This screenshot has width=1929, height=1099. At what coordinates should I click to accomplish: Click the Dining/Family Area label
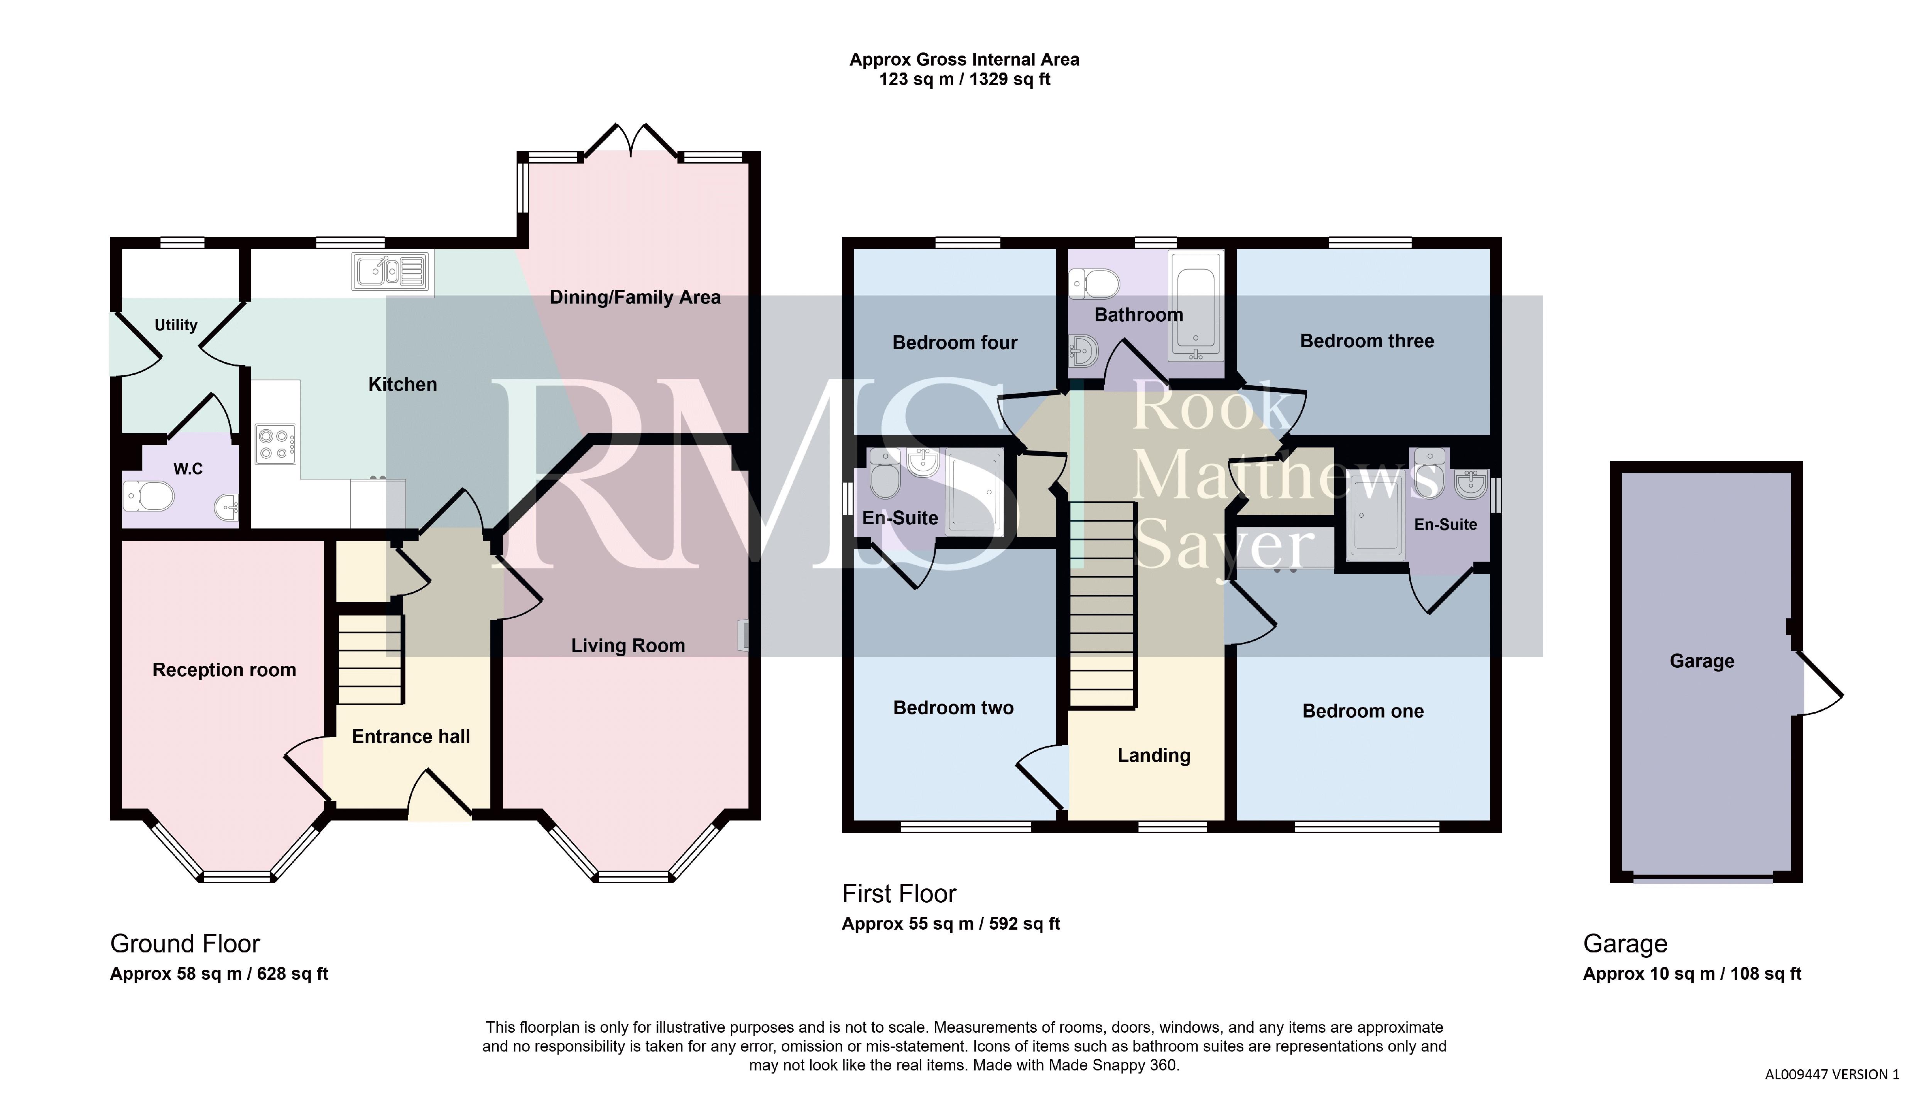[635, 297]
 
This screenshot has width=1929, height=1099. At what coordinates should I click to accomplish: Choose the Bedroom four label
[955, 343]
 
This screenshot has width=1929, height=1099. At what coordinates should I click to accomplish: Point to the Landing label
[1154, 756]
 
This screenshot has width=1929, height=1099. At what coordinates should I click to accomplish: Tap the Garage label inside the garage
[1702, 661]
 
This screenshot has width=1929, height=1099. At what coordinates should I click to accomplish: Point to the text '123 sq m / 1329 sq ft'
[964, 79]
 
